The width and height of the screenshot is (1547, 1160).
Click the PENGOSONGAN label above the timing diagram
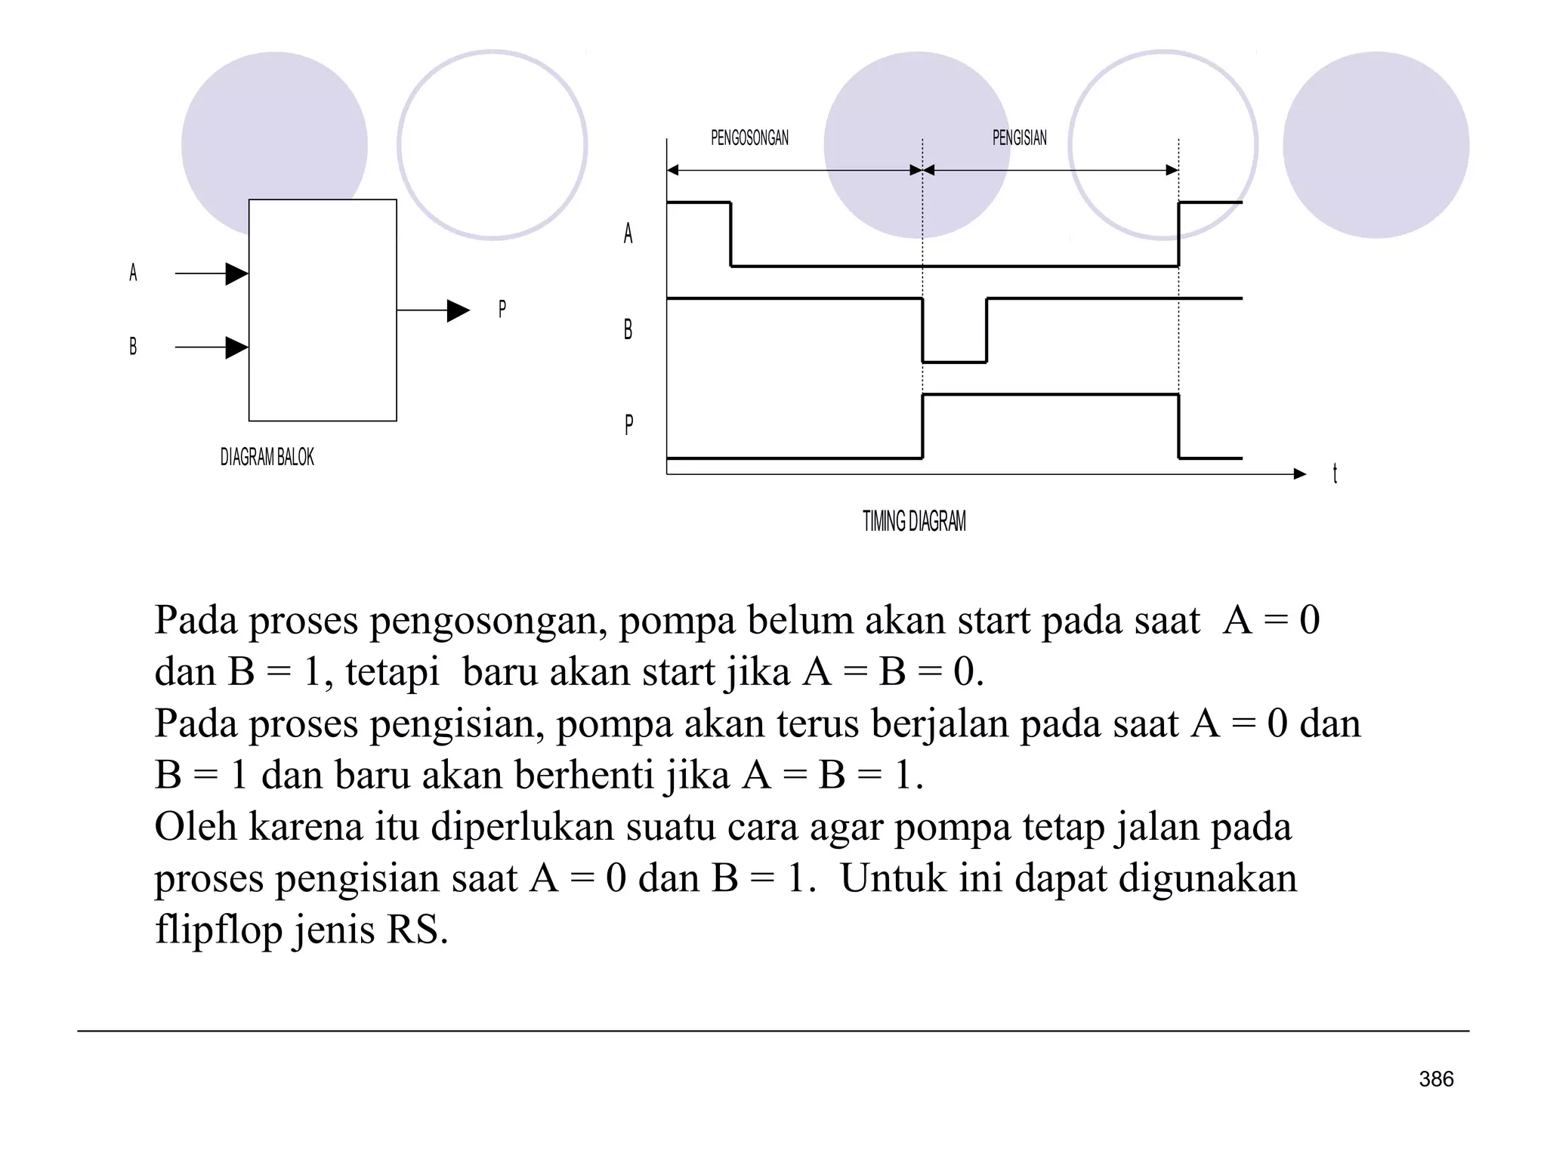pos(749,137)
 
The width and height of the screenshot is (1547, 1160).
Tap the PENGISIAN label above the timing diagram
pos(1019,137)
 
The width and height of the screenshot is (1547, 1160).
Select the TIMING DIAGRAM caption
pos(914,521)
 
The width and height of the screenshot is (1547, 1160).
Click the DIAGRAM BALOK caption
pos(267,457)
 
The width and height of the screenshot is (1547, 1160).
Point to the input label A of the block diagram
pos(133,273)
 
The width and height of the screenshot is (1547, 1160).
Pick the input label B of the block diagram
pos(133,347)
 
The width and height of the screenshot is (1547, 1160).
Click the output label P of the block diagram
pos(502,309)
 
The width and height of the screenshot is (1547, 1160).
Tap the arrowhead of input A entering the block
pos(236,273)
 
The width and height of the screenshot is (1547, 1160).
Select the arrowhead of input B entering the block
pos(236,347)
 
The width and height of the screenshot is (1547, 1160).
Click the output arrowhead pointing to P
pos(458,310)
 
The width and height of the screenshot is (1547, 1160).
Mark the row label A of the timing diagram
pos(628,233)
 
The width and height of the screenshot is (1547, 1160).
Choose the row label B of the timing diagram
pos(628,329)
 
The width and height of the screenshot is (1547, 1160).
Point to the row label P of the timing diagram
pos(628,424)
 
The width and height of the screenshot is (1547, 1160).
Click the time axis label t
pos(1335,474)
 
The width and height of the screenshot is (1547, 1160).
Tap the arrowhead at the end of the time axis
pos(1299,474)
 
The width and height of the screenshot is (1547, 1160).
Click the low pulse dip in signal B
pos(954,361)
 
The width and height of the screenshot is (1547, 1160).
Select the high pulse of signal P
pos(1050,395)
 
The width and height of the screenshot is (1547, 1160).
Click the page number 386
pos(1436,1079)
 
